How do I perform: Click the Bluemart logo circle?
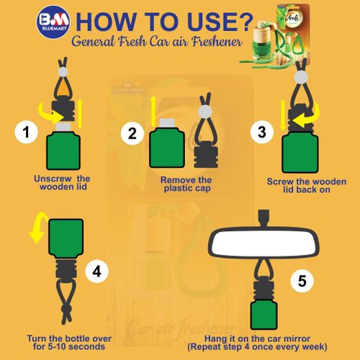[x=53, y=22]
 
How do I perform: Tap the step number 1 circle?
[x=26, y=132]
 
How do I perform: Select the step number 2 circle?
[x=132, y=133]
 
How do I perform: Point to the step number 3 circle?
[x=262, y=132]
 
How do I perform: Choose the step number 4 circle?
[x=97, y=271]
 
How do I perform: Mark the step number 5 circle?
[x=302, y=281]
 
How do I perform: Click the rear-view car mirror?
[x=264, y=242]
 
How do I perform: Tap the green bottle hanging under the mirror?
[x=264, y=315]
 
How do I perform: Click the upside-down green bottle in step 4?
[x=66, y=238]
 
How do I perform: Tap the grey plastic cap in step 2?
[x=167, y=122]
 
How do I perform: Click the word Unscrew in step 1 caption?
[x=53, y=179]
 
